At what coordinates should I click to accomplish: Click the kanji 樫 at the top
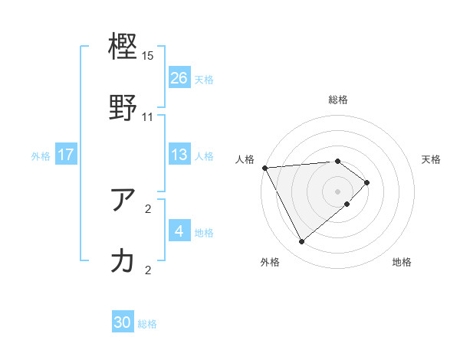point(123,47)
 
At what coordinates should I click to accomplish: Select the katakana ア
point(123,200)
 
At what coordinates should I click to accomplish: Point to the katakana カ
point(123,261)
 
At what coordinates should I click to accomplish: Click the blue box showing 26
point(179,77)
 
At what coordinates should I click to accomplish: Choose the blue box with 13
point(179,155)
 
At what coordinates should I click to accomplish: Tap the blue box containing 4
point(179,231)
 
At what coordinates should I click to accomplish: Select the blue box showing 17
point(66,155)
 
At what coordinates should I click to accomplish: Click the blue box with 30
point(123,322)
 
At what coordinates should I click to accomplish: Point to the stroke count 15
point(148,56)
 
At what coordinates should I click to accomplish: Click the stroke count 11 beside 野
point(148,117)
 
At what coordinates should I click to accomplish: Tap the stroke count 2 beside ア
point(148,208)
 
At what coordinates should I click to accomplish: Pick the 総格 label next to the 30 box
point(147,324)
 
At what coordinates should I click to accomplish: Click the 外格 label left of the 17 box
point(41,155)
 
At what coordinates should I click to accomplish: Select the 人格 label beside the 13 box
point(204,155)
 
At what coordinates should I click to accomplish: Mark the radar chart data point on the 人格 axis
point(264,167)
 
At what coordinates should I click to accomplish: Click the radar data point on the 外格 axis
point(301,242)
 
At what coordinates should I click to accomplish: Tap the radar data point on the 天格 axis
point(367,182)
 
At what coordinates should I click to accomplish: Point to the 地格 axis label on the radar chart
point(402,263)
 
